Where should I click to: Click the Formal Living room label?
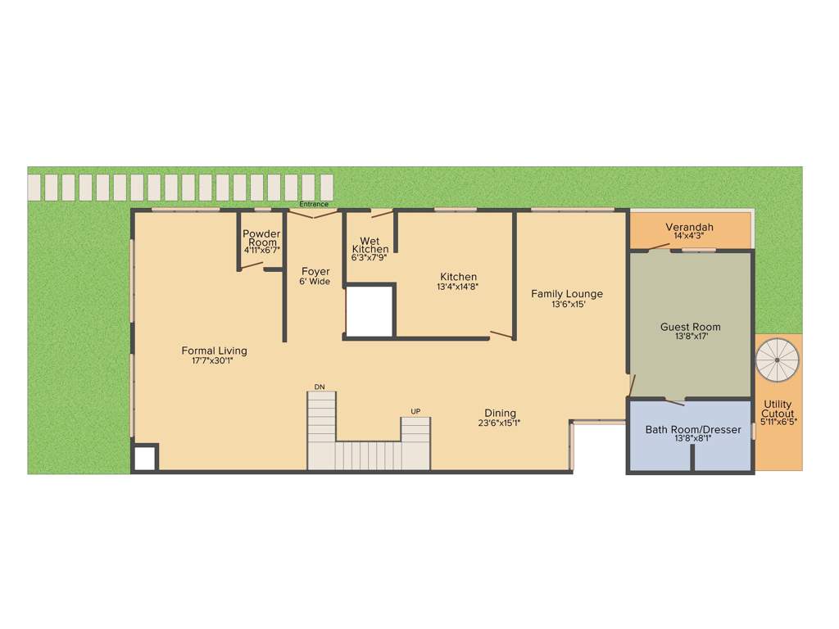click(x=214, y=351)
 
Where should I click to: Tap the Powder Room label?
click(x=261, y=238)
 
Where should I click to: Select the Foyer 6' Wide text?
click(x=315, y=276)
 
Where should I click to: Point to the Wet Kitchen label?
click(x=370, y=246)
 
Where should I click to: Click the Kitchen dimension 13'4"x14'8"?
click(x=457, y=287)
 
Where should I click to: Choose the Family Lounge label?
click(x=566, y=293)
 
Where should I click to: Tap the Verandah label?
click(x=689, y=227)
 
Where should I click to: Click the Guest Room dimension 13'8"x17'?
click(x=690, y=337)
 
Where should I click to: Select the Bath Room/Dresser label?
click(x=692, y=429)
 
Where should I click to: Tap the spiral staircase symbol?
click(x=777, y=360)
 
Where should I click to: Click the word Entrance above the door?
click(x=314, y=204)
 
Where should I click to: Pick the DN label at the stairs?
click(x=320, y=387)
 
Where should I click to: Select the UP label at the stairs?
click(x=415, y=411)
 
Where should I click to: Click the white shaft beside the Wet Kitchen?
click(x=370, y=310)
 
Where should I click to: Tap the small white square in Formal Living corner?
click(x=144, y=458)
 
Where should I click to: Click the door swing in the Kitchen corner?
click(x=501, y=334)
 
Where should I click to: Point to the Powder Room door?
click(x=251, y=267)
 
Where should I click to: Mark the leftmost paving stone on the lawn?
click(x=34, y=187)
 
